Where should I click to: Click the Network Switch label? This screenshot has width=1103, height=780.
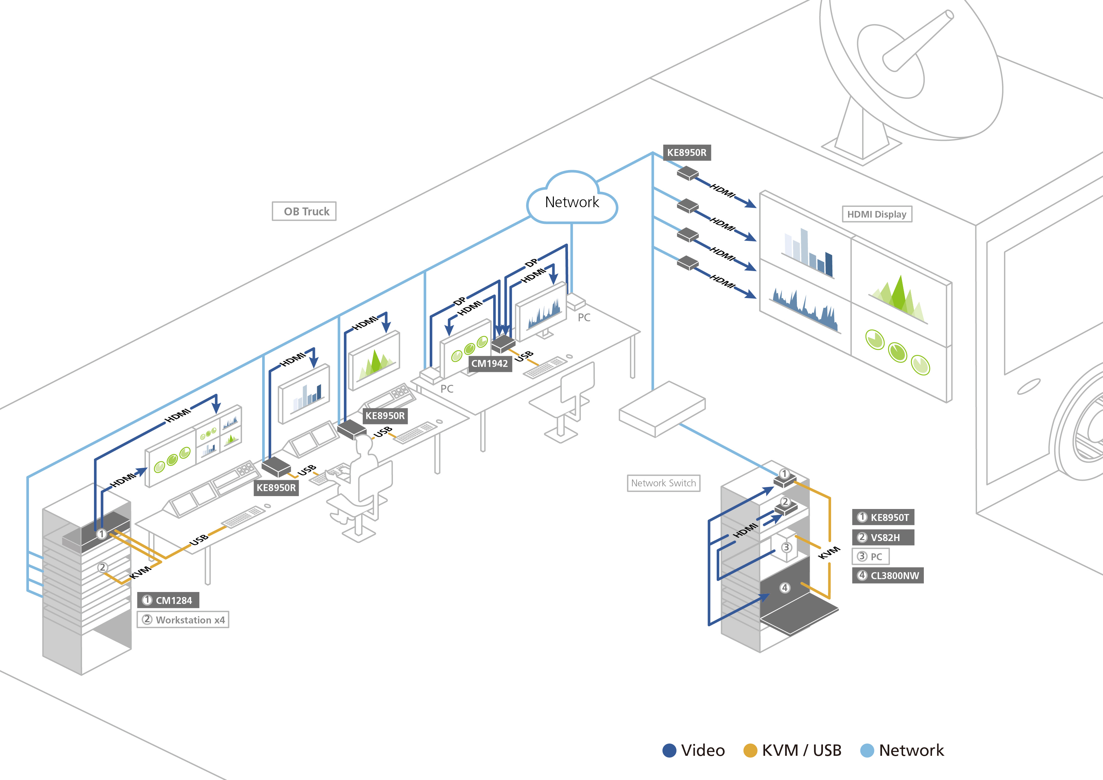[664, 483]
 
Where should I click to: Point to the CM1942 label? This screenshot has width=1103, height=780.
[489, 363]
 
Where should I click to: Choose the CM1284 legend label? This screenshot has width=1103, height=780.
[168, 600]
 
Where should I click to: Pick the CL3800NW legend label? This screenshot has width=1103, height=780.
[888, 576]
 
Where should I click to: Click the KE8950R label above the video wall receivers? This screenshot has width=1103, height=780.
[687, 153]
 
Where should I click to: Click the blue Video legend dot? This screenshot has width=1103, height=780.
[669, 751]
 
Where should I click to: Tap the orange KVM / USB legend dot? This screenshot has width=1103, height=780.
[750, 751]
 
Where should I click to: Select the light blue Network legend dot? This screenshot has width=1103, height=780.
[867, 751]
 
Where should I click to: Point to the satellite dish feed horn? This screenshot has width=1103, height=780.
[918, 41]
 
